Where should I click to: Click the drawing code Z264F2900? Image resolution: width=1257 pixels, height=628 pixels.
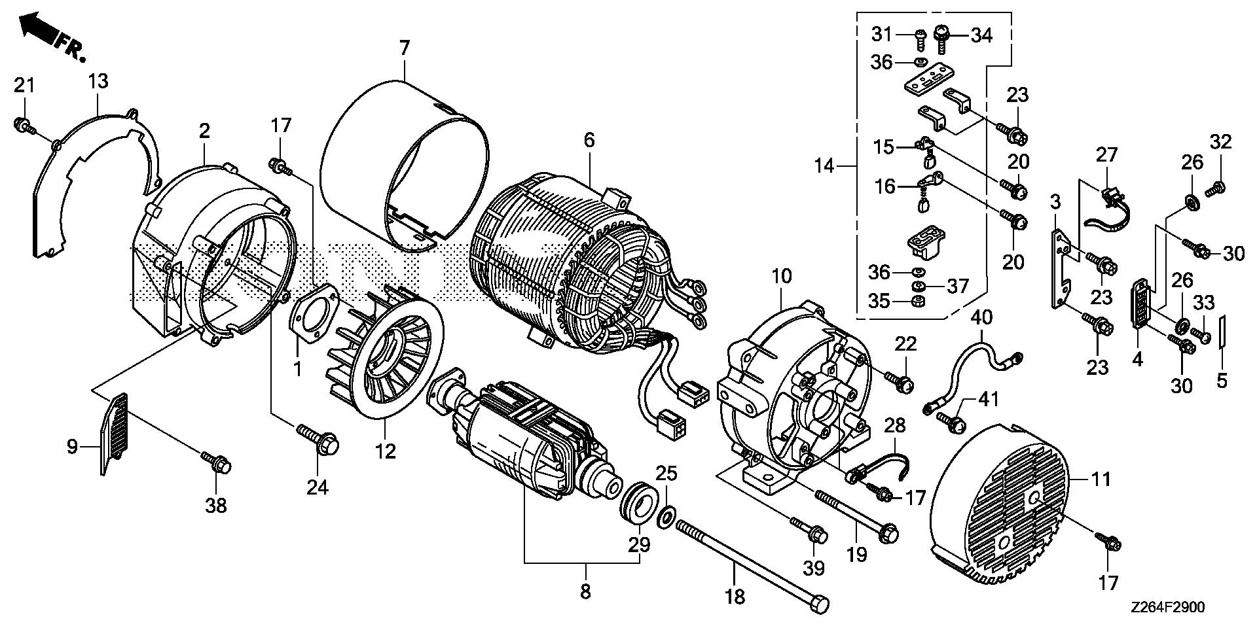[1166, 607]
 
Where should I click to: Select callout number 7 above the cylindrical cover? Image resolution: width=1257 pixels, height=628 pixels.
[404, 48]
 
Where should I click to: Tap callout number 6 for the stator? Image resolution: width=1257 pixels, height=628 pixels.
[589, 140]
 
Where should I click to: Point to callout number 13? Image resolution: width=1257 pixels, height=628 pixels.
[98, 82]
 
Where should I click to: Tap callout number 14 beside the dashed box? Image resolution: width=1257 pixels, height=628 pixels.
[824, 167]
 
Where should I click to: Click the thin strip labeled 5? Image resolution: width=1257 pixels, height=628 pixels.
[1222, 334]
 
